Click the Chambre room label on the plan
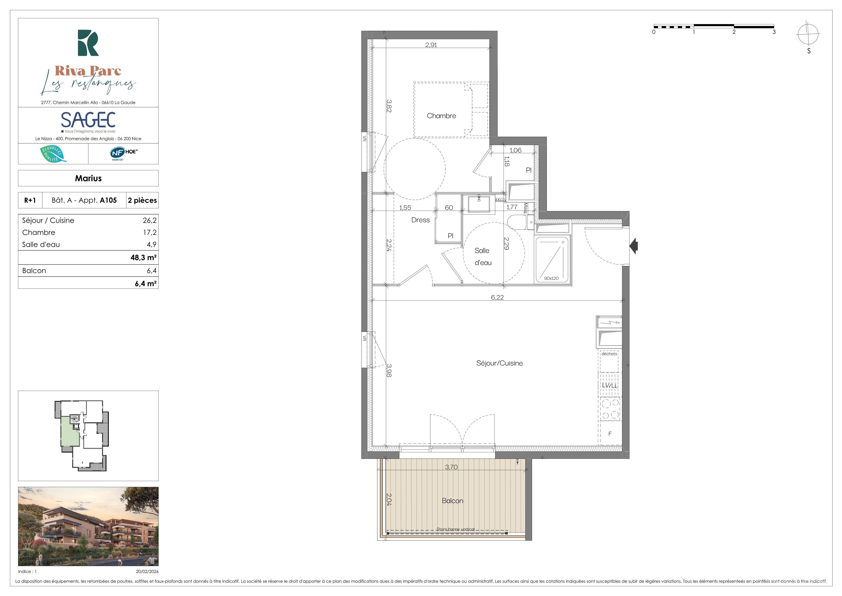point(441,116)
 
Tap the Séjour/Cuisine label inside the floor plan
point(499,363)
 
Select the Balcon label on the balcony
point(453,501)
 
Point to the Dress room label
point(420,220)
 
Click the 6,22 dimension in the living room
point(497,297)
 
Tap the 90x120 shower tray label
point(551,279)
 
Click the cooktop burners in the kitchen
point(610,409)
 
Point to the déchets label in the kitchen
point(609,354)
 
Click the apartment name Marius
point(88,178)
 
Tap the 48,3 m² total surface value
point(143,258)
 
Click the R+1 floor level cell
point(30,200)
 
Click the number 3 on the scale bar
point(774,32)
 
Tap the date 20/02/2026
point(147,571)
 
